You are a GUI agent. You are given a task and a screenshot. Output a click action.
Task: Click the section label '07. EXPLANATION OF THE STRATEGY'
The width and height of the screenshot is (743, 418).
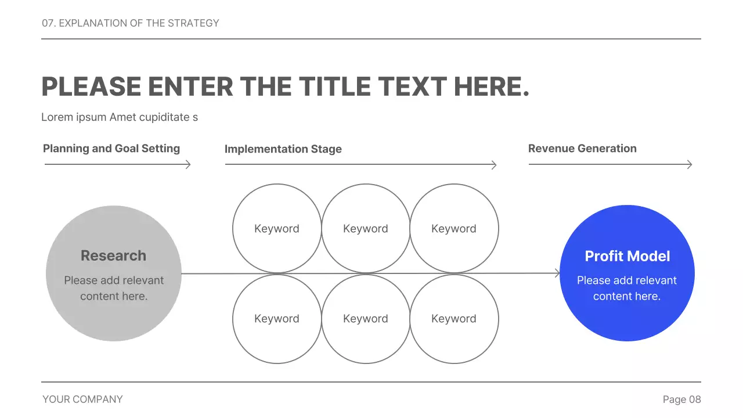[x=131, y=23]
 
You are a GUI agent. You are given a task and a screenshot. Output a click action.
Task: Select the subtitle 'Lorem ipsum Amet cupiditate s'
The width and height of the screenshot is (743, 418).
[x=120, y=117]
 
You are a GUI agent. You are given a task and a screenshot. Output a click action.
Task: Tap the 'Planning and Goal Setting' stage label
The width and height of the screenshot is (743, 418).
[x=111, y=149]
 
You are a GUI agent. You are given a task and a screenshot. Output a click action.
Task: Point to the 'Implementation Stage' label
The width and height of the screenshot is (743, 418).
[x=283, y=149]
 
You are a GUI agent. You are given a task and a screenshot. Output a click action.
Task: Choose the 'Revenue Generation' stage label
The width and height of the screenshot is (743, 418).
[x=582, y=149]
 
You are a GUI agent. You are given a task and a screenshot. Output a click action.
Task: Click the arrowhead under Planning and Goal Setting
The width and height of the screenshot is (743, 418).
[x=188, y=165]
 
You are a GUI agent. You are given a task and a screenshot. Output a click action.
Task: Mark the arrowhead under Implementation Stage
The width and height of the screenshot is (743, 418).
[x=494, y=165]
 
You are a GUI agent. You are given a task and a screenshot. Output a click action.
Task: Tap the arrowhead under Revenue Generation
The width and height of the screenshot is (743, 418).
[x=690, y=165]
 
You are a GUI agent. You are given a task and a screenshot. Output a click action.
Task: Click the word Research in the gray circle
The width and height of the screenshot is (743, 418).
[x=113, y=255]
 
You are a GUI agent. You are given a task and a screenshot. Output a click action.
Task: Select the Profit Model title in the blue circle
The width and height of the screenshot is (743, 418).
[x=627, y=256]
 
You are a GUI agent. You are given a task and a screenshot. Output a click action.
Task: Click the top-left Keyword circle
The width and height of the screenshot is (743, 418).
[x=277, y=229]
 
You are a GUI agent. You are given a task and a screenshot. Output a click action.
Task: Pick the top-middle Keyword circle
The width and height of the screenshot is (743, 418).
[x=366, y=229]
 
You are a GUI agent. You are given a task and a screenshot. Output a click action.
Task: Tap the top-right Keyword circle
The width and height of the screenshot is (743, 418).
[x=454, y=229]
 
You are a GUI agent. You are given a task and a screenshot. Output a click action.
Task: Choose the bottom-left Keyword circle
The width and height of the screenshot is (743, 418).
[x=277, y=319]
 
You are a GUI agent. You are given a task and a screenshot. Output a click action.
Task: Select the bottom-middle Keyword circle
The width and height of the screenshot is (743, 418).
[x=366, y=319]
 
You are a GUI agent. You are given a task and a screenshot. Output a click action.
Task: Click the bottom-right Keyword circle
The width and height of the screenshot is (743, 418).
[x=454, y=319]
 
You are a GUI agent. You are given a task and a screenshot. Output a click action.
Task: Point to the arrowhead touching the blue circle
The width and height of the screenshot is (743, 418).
[x=558, y=273]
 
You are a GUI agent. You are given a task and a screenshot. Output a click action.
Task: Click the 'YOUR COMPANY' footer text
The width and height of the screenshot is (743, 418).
[x=82, y=399]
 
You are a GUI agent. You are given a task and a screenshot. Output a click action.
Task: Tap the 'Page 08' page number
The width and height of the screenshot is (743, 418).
[x=681, y=399]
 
